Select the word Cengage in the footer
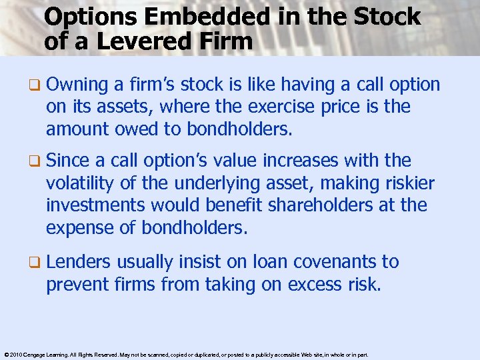tap(39, 355)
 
